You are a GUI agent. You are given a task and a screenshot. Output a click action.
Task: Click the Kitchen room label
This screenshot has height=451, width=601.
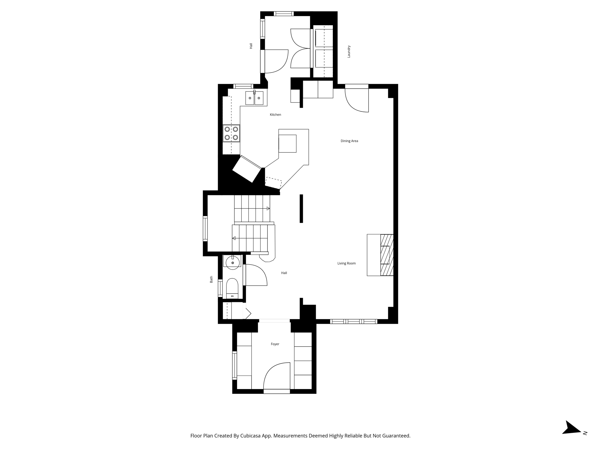(275, 115)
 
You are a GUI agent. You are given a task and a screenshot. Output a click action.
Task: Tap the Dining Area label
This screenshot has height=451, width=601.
(349, 141)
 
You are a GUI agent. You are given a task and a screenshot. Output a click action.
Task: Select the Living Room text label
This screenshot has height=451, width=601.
(346, 263)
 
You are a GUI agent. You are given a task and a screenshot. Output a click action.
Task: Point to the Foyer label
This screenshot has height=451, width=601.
(275, 344)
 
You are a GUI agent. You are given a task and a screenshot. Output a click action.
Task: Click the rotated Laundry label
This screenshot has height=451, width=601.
(349, 51)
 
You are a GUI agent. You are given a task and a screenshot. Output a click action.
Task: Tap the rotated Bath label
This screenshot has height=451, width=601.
(211, 279)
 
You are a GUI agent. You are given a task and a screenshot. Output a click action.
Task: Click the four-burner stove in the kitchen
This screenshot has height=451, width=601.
(231, 133)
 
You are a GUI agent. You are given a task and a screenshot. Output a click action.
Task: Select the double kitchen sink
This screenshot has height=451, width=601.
(254, 98)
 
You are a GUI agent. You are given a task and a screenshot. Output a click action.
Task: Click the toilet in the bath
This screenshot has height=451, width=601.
(232, 288)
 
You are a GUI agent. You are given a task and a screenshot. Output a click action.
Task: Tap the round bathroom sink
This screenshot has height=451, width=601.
(232, 263)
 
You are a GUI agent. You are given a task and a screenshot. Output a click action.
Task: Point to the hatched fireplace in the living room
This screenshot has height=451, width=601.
(387, 255)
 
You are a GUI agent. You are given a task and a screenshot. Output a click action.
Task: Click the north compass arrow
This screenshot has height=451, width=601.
(572, 436)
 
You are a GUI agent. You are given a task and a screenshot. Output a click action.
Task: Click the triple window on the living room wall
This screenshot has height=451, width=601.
(354, 322)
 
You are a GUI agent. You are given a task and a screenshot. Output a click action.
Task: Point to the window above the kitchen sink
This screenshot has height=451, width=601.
(243, 86)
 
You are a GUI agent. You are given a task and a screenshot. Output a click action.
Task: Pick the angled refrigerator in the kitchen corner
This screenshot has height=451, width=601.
(247, 169)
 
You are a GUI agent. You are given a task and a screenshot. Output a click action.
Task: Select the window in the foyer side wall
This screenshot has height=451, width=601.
(234, 365)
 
